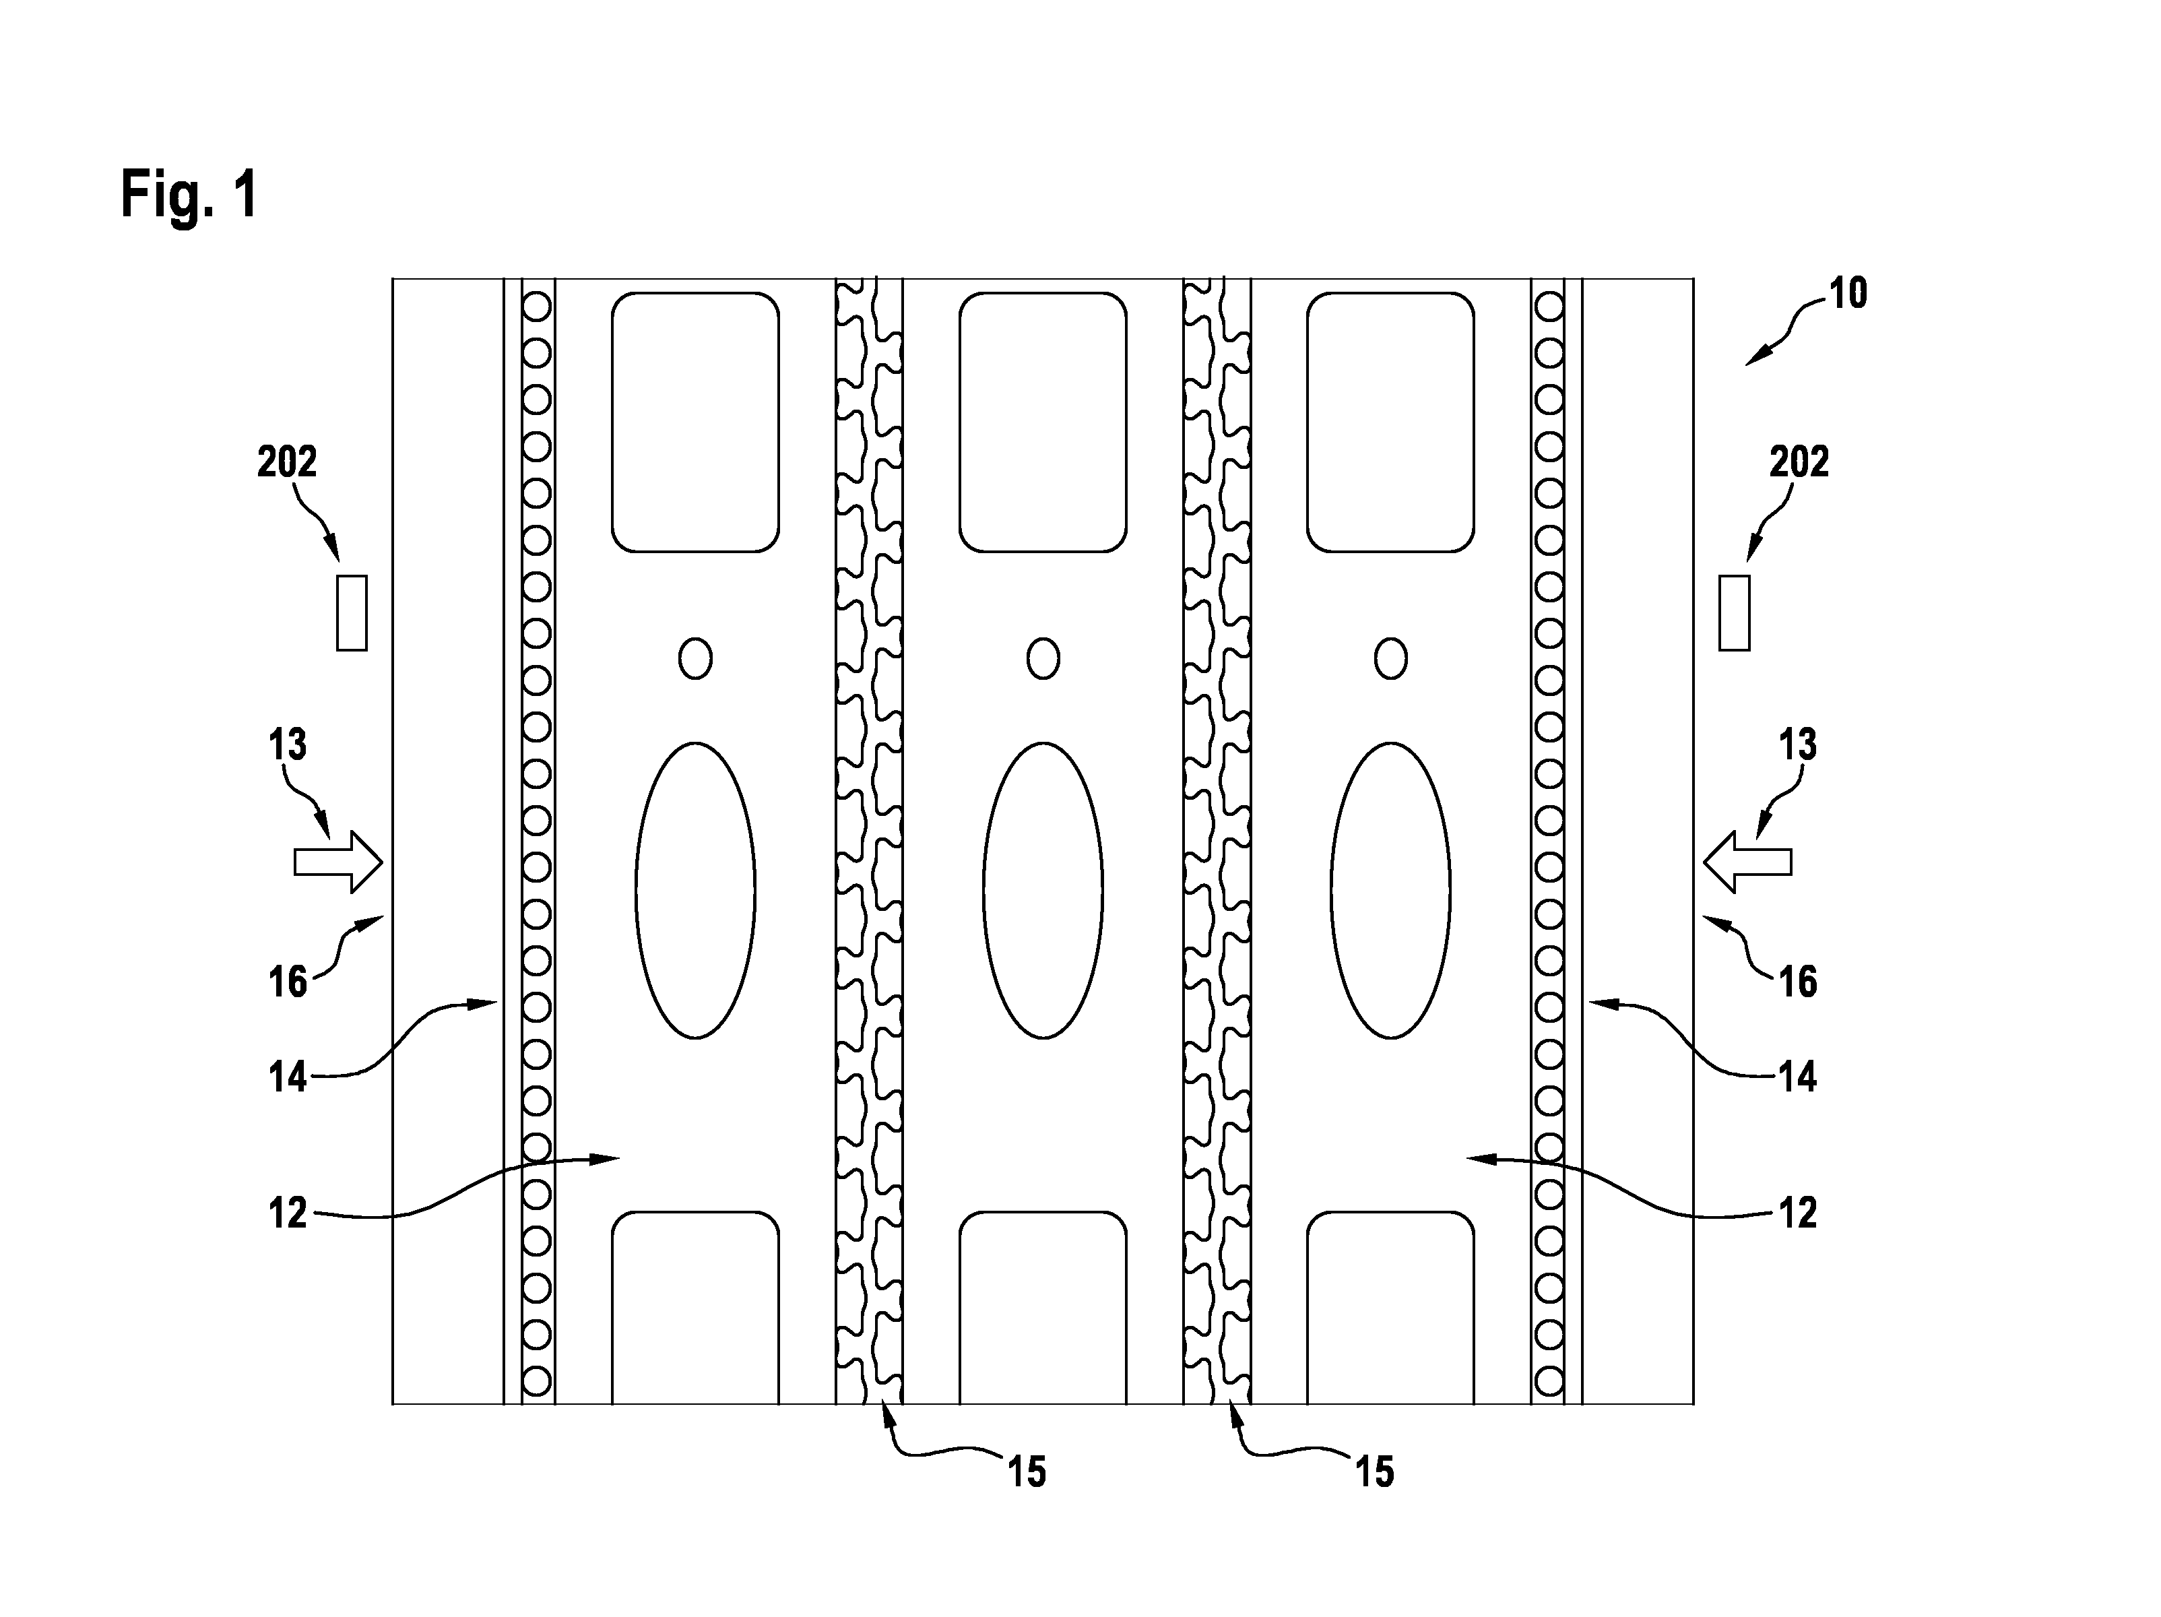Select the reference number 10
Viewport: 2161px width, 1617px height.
[x=1847, y=293]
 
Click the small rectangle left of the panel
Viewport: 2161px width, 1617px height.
[x=352, y=612]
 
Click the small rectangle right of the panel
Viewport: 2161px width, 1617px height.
[x=1734, y=612]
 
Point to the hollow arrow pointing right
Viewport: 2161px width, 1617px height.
[x=338, y=862]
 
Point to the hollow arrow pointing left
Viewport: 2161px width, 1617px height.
[x=1748, y=862]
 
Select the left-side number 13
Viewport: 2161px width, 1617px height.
[x=287, y=744]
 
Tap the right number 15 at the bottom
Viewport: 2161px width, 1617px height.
[x=1376, y=1472]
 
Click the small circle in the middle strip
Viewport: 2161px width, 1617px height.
[x=1043, y=658]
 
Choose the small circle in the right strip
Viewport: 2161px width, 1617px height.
[x=1391, y=658]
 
